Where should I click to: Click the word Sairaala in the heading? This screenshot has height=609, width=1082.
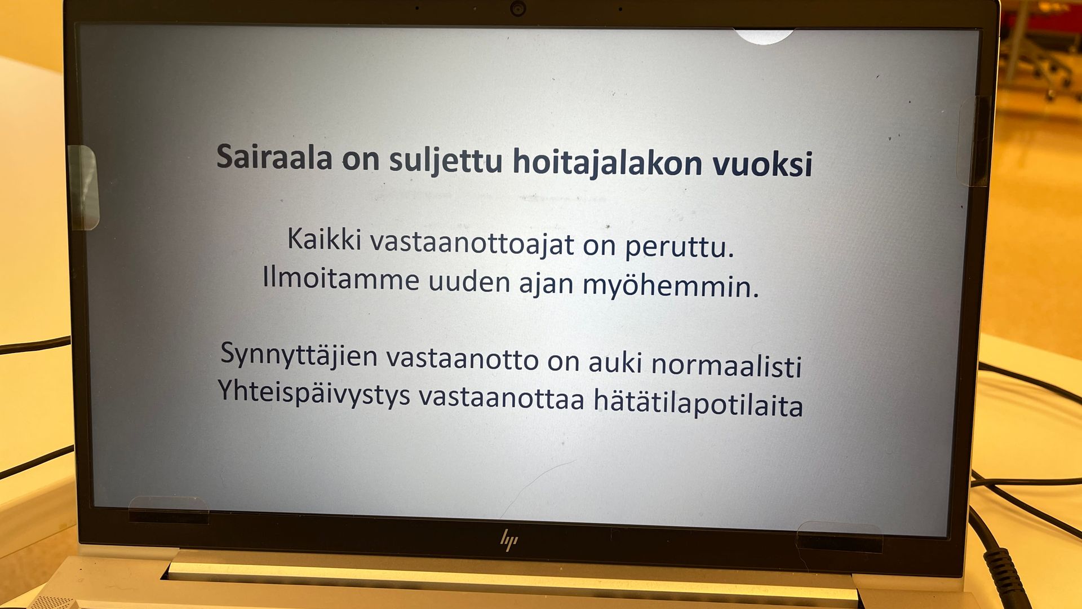(274, 156)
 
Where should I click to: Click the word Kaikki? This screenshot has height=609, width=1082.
(324, 239)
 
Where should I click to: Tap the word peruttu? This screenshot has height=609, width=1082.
(680, 247)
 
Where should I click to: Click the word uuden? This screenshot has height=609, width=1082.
(469, 281)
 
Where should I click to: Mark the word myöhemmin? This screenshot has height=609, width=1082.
(671, 285)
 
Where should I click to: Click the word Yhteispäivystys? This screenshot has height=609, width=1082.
(314, 392)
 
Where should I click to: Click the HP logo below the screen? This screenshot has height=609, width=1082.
(509, 540)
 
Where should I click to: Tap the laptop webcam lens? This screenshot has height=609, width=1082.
(518, 8)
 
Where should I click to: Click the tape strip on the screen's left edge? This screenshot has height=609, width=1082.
(83, 187)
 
